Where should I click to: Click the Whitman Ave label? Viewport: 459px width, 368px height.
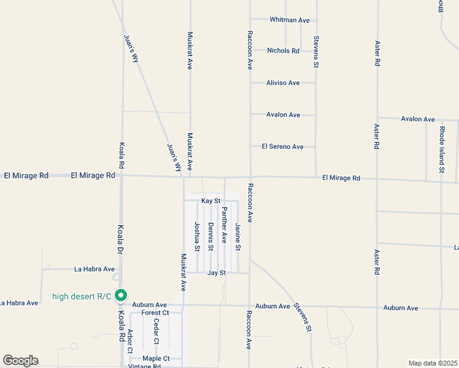point(290,20)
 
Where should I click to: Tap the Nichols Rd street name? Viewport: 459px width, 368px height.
point(283,51)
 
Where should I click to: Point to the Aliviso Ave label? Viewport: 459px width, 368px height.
point(283,83)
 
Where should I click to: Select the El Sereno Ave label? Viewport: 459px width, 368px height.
point(282,147)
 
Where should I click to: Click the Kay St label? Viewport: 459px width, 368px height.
point(210,201)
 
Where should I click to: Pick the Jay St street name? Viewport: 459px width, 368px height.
point(217,272)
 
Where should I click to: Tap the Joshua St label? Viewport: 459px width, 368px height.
point(197,237)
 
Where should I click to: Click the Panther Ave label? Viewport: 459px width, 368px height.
point(224,225)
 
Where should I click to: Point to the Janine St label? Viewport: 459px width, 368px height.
point(237,239)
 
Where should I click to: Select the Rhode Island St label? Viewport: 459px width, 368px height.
point(441,149)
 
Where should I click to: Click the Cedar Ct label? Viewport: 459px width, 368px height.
point(156,332)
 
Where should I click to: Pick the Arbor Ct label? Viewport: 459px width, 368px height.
point(129,342)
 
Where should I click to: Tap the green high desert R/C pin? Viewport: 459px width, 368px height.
point(121,296)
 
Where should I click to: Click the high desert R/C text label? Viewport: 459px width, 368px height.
point(82,297)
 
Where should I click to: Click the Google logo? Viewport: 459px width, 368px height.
point(20,361)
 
